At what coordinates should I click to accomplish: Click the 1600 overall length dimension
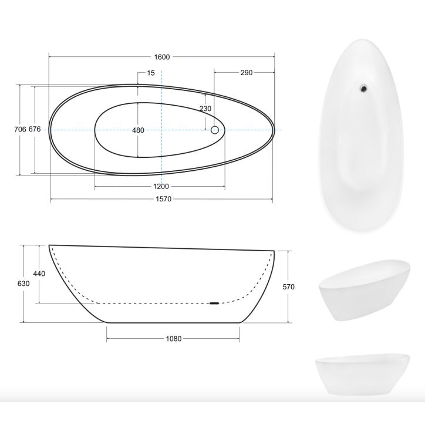click(x=162, y=57)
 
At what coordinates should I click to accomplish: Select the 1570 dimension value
click(x=163, y=199)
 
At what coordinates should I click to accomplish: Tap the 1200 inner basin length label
click(x=161, y=187)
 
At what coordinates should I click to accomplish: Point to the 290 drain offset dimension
click(x=247, y=73)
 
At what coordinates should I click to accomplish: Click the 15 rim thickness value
click(x=151, y=73)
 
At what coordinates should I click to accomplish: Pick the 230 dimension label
click(x=205, y=109)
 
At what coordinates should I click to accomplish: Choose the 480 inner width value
click(x=138, y=130)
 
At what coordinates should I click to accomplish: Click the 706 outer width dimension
click(x=20, y=129)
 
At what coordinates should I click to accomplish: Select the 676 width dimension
click(x=35, y=129)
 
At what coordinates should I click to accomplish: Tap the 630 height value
click(x=23, y=284)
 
